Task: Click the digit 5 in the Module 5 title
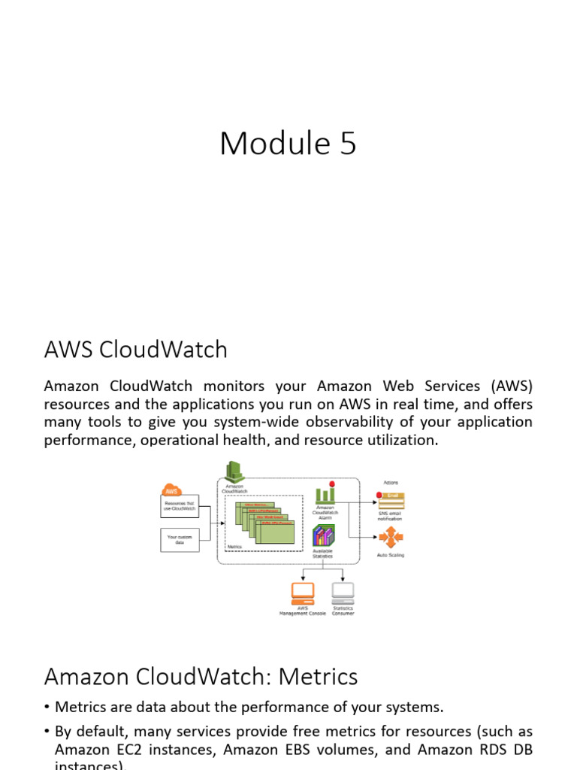347,144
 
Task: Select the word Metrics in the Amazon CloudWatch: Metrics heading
318,677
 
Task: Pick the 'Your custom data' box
180,539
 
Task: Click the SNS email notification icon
391,500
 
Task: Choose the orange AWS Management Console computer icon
303,593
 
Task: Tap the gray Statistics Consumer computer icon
343,593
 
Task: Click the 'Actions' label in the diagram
391,482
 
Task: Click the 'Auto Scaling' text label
391,556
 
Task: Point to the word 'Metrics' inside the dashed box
234,547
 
